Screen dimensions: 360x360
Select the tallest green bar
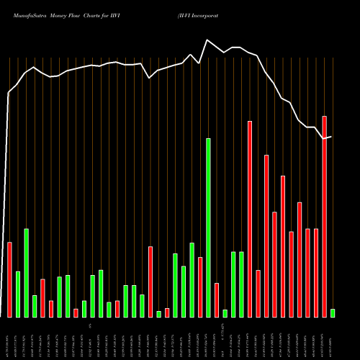point(208,228)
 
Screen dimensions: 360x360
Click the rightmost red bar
point(324,216)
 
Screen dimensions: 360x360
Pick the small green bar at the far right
point(333,313)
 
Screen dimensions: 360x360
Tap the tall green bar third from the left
point(26,273)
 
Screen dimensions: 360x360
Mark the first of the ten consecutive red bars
point(250,219)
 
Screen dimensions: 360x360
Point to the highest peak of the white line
point(208,40)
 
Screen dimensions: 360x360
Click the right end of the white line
point(331,136)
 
